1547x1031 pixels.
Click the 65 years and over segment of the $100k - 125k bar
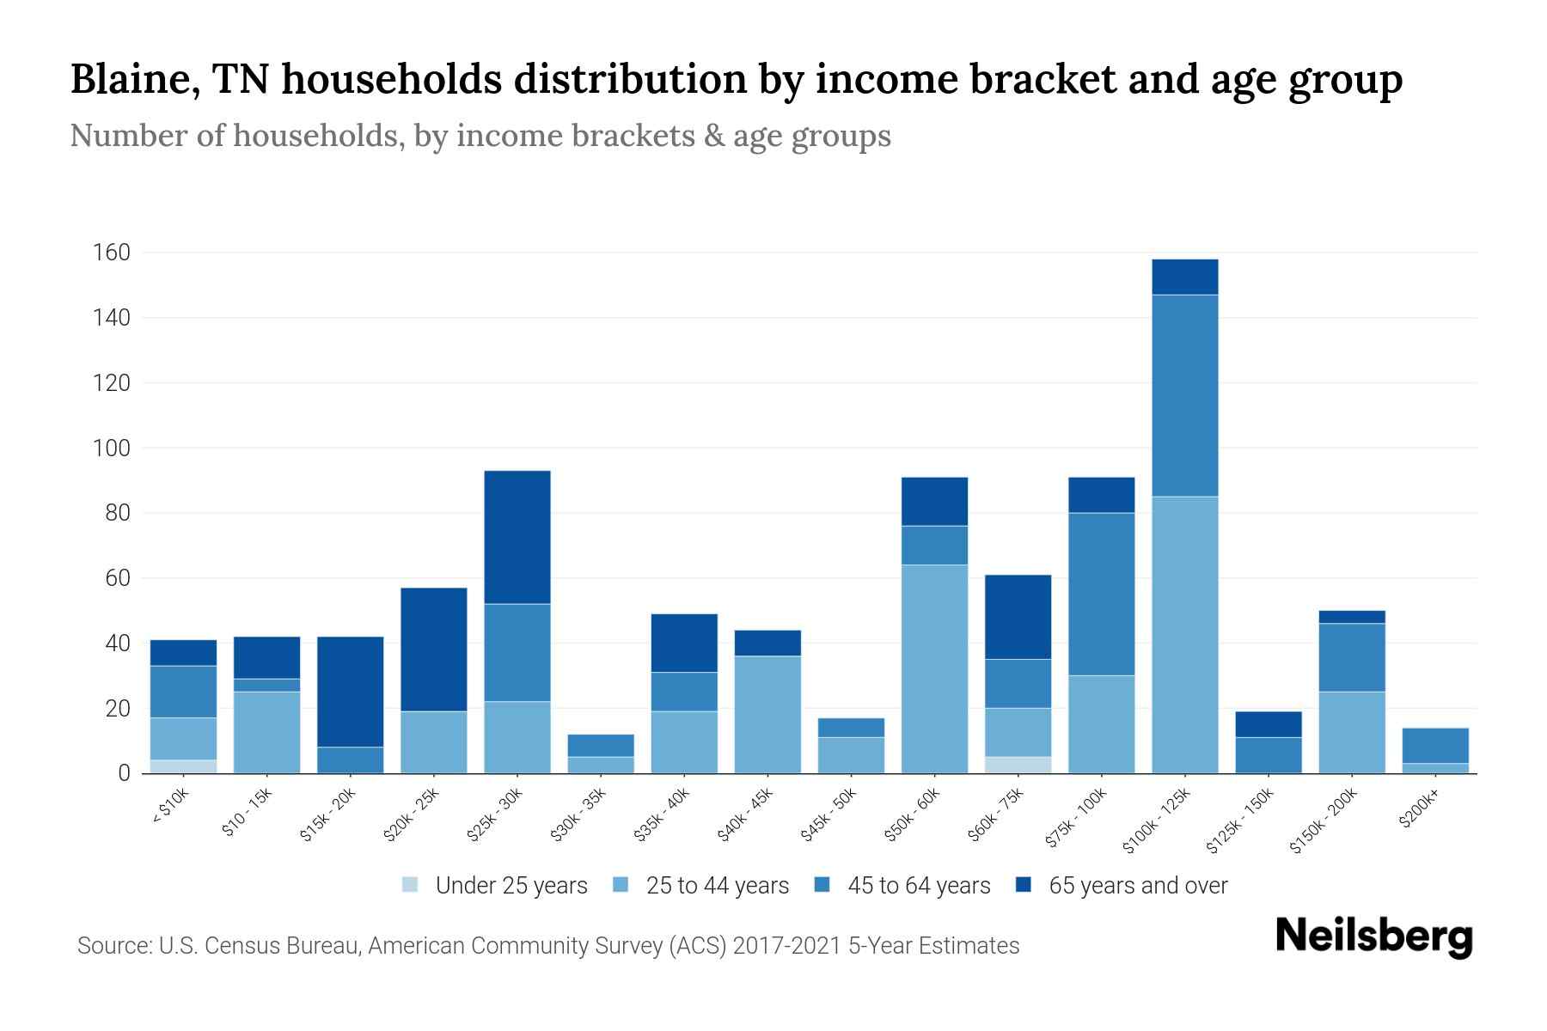coord(1185,277)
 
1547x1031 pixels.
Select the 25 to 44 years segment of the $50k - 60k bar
coord(934,668)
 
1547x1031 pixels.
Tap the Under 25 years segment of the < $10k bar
coord(183,766)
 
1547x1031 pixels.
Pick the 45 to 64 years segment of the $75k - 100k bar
coord(1102,594)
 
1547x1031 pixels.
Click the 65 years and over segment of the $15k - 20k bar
coord(351,692)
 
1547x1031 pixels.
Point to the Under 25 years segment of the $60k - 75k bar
coord(1018,765)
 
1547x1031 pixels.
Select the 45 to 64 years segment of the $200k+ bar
coord(1435,745)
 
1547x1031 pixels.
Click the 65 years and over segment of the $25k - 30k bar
coord(517,537)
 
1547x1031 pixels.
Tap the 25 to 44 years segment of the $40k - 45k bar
coord(767,714)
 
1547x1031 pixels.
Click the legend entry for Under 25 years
coord(495,886)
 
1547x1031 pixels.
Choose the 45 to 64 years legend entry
coord(902,886)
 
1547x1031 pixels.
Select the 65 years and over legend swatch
coord(1023,885)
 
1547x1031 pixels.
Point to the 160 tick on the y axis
coord(113,253)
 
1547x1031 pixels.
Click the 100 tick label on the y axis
coord(113,448)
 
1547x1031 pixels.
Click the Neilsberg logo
coord(1373,936)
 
